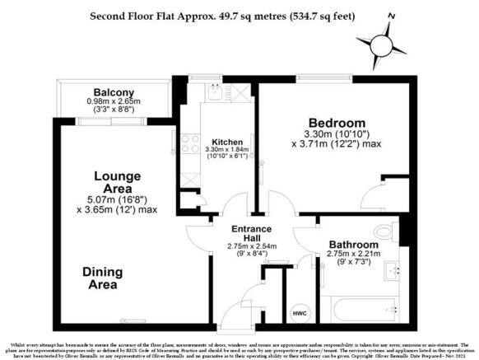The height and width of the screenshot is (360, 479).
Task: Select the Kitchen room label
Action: pos(226,141)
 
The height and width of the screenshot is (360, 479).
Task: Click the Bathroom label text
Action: pos(354,245)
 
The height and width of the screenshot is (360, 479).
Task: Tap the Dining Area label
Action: pos(102,278)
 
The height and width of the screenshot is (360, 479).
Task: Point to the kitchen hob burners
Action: pos(188,143)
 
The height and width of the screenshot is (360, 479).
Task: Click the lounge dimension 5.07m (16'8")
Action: pos(114,198)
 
